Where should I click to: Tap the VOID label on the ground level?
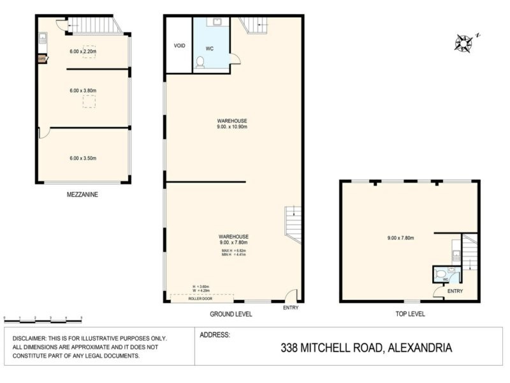(179, 46)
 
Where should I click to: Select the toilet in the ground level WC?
(201, 62)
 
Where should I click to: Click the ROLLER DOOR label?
(200, 298)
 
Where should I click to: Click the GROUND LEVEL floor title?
(231, 314)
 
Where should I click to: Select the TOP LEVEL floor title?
(409, 314)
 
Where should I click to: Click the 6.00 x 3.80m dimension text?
(83, 91)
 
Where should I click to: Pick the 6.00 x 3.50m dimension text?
(83, 158)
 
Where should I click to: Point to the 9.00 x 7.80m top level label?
(400, 238)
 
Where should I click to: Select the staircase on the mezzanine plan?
(94, 26)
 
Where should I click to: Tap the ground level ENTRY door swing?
(290, 296)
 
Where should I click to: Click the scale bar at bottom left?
(43, 318)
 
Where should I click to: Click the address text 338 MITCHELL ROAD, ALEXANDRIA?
(367, 348)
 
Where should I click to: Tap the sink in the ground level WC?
(217, 22)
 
